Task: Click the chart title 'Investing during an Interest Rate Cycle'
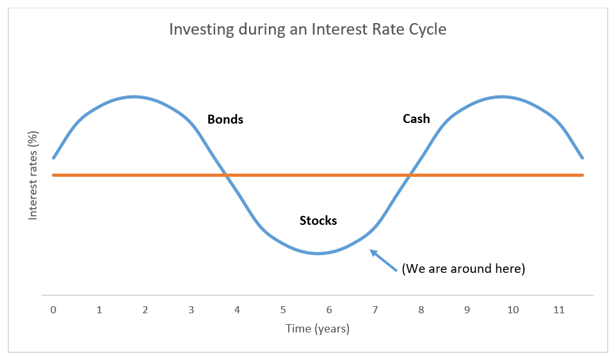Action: pyautogui.click(x=307, y=29)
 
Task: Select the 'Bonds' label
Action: pyautogui.click(x=225, y=120)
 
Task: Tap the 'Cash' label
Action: pyautogui.click(x=416, y=119)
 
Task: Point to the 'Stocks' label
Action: pyautogui.click(x=318, y=221)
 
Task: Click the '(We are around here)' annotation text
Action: pyautogui.click(x=463, y=269)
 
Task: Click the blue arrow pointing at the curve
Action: pyautogui.click(x=384, y=261)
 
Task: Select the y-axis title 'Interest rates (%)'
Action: pyautogui.click(x=33, y=176)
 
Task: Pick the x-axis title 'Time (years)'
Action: pyautogui.click(x=318, y=329)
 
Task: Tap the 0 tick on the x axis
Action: pyautogui.click(x=53, y=310)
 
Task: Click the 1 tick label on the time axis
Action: pyautogui.click(x=99, y=310)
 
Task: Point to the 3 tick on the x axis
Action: pyautogui.click(x=191, y=310)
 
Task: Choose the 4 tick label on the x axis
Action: pyautogui.click(x=237, y=310)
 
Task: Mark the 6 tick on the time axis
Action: pyautogui.click(x=329, y=310)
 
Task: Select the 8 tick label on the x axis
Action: pyautogui.click(x=421, y=310)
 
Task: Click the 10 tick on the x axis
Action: pyautogui.click(x=513, y=310)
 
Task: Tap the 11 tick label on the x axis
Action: pyautogui.click(x=559, y=310)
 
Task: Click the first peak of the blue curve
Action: pyautogui.click(x=133, y=97)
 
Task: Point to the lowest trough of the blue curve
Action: pyautogui.click(x=318, y=254)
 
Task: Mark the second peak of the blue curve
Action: pyautogui.click(x=502, y=97)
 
